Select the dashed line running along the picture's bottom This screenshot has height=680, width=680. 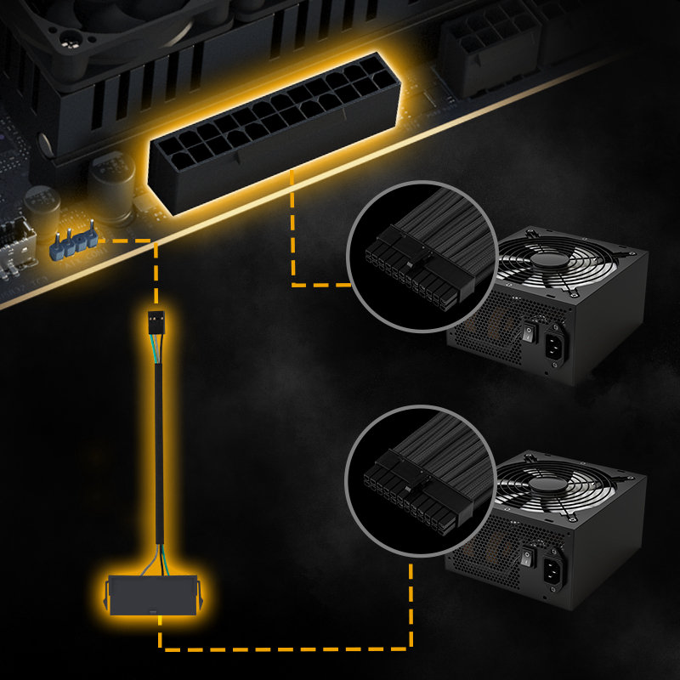pos(289,649)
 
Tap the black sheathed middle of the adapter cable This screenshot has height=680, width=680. pos(158,442)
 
